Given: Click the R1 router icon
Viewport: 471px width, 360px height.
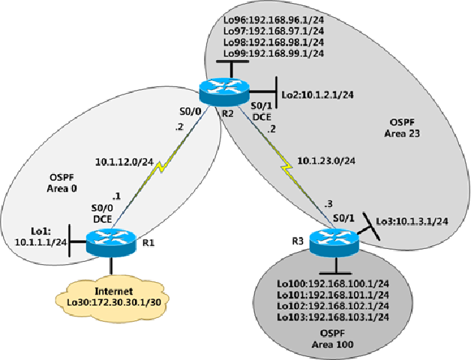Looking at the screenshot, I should pyautogui.click(x=109, y=241).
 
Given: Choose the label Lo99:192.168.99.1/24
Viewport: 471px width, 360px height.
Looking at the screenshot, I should pyautogui.click(x=274, y=54).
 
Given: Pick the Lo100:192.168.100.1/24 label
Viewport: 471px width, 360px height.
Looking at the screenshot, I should pyautogui.click(x=333, y=285).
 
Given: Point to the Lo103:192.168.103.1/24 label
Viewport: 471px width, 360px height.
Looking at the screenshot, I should pyautogui.click(x=333, y=316).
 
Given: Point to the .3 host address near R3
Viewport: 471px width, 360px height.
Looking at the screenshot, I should pyautogui.click(x=328, y=204).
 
